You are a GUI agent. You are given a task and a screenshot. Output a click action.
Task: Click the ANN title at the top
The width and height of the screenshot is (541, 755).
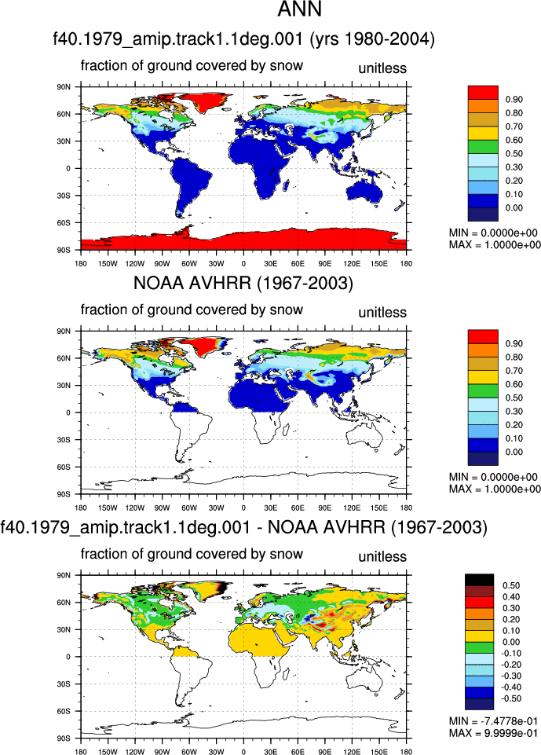[299, 9]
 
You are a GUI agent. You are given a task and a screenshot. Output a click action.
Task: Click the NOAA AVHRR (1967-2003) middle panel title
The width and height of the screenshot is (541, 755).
[243, 283]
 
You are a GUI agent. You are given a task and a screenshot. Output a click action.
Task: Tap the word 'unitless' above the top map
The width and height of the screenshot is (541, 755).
[382, 68]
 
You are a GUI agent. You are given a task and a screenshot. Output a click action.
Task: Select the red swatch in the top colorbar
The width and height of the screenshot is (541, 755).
[483, 93]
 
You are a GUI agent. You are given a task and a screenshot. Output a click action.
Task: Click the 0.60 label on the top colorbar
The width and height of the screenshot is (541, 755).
[514, 140]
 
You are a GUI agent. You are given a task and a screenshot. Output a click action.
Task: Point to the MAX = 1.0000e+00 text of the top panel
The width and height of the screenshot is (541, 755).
[495, 244]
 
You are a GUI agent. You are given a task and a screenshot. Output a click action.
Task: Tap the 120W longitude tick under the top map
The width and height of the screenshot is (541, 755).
[135, 264]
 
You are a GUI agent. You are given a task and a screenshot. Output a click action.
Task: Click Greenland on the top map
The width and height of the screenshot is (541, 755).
[202, 102]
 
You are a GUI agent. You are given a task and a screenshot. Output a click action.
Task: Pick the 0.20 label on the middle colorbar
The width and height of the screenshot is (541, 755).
[514, 425]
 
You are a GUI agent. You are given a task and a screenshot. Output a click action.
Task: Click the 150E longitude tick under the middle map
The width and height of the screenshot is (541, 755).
[379, 508]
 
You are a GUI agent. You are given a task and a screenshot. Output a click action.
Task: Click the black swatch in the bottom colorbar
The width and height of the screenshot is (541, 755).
[479, 580]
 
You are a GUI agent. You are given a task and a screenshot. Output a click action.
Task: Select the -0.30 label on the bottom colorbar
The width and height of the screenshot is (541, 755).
[511, 676]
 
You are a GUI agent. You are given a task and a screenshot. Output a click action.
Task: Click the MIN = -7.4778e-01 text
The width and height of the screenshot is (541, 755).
[493, 720]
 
